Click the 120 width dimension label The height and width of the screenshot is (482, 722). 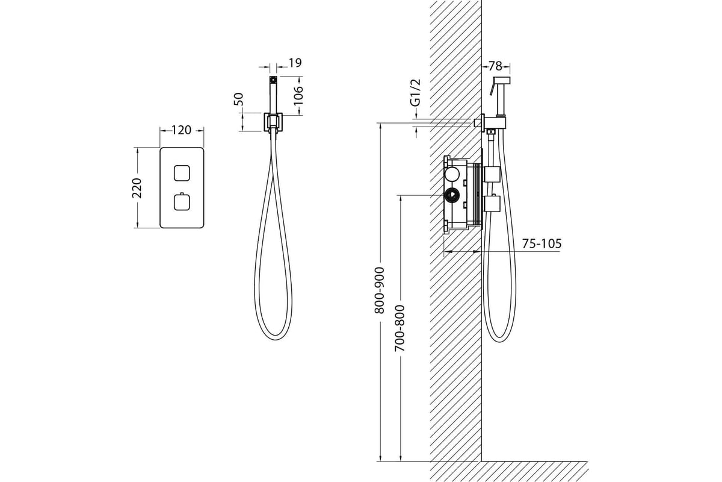pos(181,130)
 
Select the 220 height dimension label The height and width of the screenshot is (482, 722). pos(137,188)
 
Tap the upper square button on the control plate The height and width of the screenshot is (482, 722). pos(182,173)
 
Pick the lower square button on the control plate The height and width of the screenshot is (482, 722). pos(182,202)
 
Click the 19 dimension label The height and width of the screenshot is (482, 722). pos(295,63)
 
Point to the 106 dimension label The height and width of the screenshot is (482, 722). pos(298,95)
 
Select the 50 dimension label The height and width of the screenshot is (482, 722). pos(238,99)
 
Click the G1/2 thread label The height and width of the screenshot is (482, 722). pos(416,92)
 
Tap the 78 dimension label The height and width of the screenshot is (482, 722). pos(495,66)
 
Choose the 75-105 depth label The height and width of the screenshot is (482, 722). pos(541,243)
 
